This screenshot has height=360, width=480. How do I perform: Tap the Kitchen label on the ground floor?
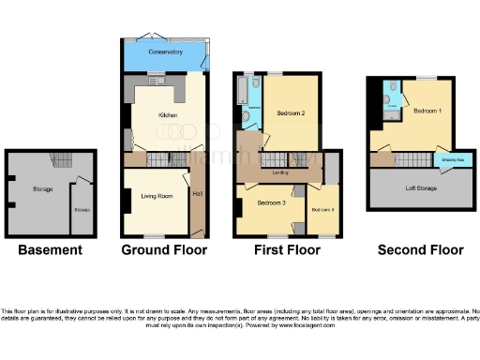pyautogui.click(x=168, y=115)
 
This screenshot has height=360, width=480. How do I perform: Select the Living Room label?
pyautogui.click(x=157, y=196)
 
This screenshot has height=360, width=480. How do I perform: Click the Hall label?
pyautogui.click(x=197, y=194)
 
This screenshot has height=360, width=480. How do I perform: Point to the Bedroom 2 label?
pyautogui.click(x=290, y=114)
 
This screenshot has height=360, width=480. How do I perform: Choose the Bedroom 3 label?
pyautogui.click(x=271, y=203)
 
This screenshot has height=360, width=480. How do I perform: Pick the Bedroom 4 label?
pyautogui.click(x=322, y=208)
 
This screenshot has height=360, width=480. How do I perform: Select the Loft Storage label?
pyautogui.click(x=420, y=189)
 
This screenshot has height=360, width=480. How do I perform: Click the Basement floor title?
pyautogui.click(x=51, y=250)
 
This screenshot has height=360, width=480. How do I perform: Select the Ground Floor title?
pyautogui.click(x=165, y=250)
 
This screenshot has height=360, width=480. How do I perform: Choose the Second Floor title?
pyautogui.click(x=420, y=250)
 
